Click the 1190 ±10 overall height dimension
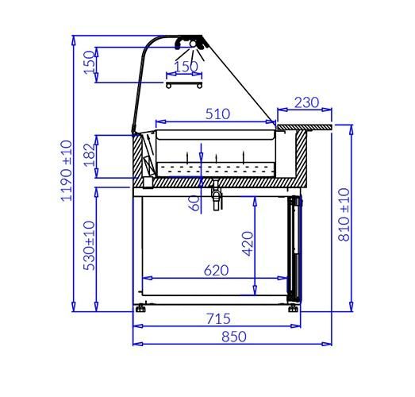pos(65,170)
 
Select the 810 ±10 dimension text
pos(344,215)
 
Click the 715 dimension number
pos(218,318)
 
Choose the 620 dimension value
pos(215,270)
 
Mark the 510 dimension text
pos(217,114)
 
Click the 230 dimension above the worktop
pos(306,102)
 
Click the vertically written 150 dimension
pos(88,64)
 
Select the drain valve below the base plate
pos(213,195)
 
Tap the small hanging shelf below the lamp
pos(184,82)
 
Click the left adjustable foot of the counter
pos(140,307)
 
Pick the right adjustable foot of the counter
pos(294,307)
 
